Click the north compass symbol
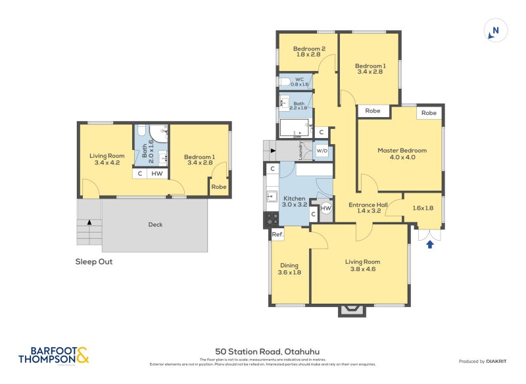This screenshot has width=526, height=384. point(496,30)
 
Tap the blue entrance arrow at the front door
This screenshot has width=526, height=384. point(430,245)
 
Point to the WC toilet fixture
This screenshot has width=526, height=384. point(284,82)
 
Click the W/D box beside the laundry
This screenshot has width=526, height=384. point(322,151)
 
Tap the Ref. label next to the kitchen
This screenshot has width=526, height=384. point(277,235)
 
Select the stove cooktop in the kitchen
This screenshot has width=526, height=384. point(272,219)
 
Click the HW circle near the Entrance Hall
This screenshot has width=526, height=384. point(326,208)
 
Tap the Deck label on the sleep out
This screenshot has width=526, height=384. point(155,225)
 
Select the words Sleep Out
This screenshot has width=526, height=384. point(94,261)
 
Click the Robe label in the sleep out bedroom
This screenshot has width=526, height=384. point(218,187)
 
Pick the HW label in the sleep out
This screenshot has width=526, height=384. point(156,174)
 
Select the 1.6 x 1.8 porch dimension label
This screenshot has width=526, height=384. point(423,208)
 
